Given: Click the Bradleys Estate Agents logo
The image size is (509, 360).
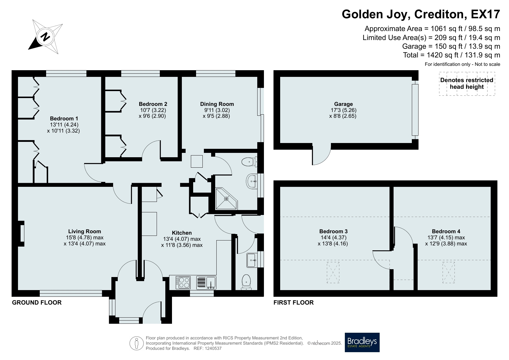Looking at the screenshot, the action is [362, 342].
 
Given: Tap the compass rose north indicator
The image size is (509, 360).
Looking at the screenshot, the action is [45, 37].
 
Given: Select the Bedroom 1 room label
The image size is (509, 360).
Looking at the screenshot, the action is [64, 118].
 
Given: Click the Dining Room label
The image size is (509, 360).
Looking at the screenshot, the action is [217, 104].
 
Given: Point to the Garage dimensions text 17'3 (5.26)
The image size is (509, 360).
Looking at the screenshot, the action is [343, 110].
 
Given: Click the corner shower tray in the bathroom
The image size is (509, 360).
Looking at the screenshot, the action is [226, 199].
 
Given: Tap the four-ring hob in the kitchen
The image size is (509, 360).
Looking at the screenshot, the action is [183, 283].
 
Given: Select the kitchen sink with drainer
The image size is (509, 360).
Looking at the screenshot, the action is [206, 283].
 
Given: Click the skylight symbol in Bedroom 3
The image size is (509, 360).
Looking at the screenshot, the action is [333, 272].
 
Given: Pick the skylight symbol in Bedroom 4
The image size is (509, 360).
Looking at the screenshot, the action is [449, 272].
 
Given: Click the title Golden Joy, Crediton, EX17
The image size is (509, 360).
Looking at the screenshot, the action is [421, 14].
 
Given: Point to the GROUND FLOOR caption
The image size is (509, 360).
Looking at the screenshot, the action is [37, 303].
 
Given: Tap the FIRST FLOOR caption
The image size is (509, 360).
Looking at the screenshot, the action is [294, 303].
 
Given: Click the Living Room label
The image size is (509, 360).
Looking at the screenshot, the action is [85, 231].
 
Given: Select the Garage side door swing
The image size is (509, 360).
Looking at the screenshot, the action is [321, 155].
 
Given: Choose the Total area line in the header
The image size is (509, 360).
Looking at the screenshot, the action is [452, 55].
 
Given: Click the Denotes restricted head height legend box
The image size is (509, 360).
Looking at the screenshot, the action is [467, 84].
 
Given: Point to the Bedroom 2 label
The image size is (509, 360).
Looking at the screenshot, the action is [153, 104].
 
